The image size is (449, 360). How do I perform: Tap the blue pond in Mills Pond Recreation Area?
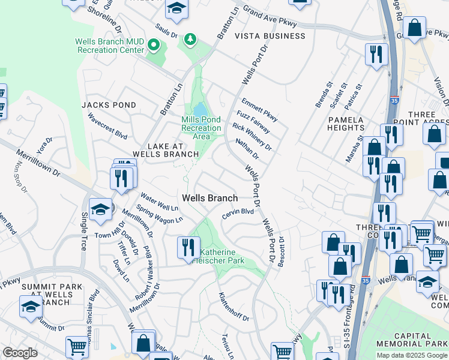(199, 110)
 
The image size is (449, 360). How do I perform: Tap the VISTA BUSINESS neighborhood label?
(270, 36)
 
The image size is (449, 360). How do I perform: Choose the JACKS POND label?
(109, 104)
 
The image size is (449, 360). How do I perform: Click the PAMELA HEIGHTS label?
(346, 124)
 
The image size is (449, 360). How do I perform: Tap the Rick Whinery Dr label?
(252, 136)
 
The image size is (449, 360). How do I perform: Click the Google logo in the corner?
(20, 353)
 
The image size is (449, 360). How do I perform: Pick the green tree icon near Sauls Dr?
(191, 39)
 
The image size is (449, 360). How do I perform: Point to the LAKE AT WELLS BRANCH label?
(165, 149)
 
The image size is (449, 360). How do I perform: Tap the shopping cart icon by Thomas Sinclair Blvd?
(77, 346)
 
